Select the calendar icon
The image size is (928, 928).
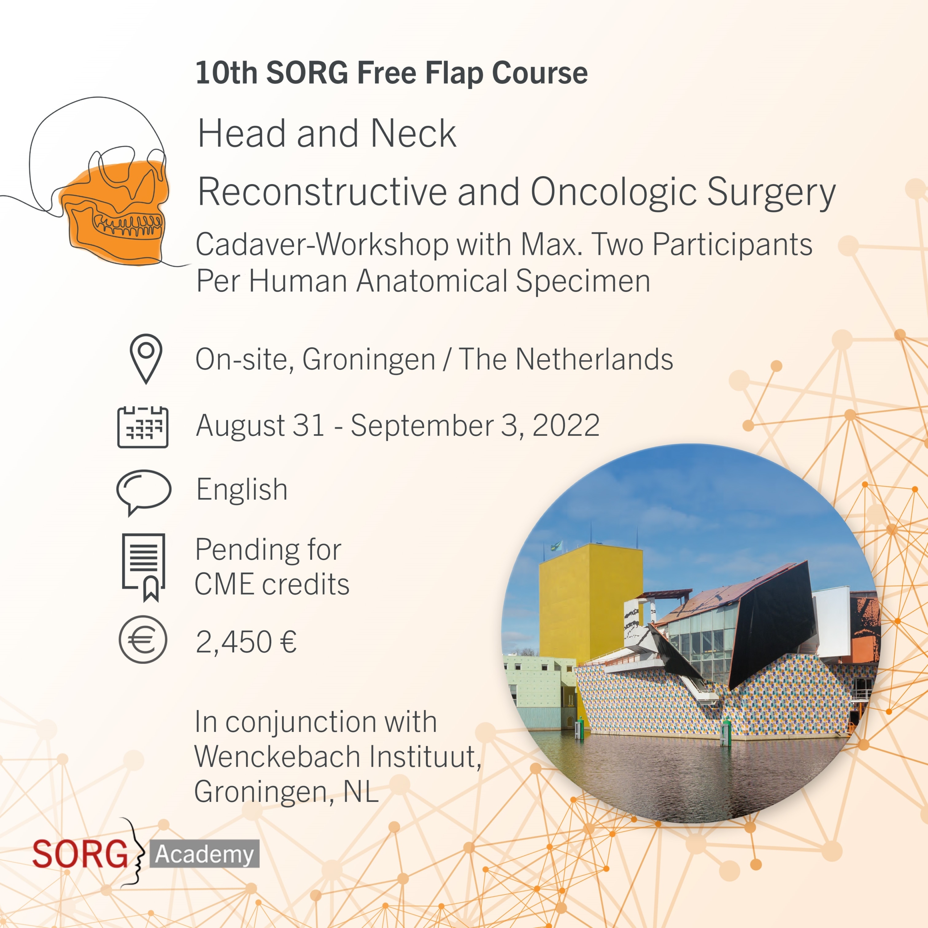143,427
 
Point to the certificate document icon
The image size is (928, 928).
144,567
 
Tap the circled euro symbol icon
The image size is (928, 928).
143,640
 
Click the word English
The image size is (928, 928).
242,490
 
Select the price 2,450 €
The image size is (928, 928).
246,642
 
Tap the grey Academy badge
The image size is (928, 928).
204,854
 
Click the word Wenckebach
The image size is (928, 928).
278,757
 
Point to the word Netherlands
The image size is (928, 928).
594,359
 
